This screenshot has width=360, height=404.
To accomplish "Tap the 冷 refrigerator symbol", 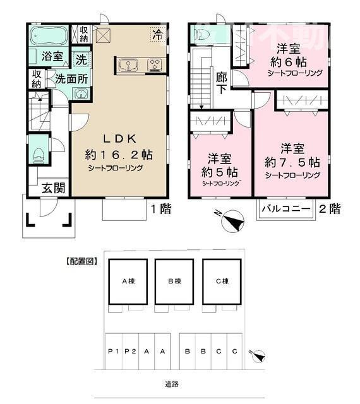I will click(x=155, y=35).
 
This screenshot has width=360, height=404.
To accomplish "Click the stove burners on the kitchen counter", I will click(x=153, y=64).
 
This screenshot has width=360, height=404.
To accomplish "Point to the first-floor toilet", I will click(x=38, y=153).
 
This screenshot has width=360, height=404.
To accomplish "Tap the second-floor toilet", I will click(x=201, y=35).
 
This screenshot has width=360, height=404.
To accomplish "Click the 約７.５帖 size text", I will click(x=292, y=162).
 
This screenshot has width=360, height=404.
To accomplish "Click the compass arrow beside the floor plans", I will click(x=232, y=222).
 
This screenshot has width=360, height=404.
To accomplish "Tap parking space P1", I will click(x=114, y=352).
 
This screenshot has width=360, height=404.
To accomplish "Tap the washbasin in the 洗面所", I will click(x=81, y=93).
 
